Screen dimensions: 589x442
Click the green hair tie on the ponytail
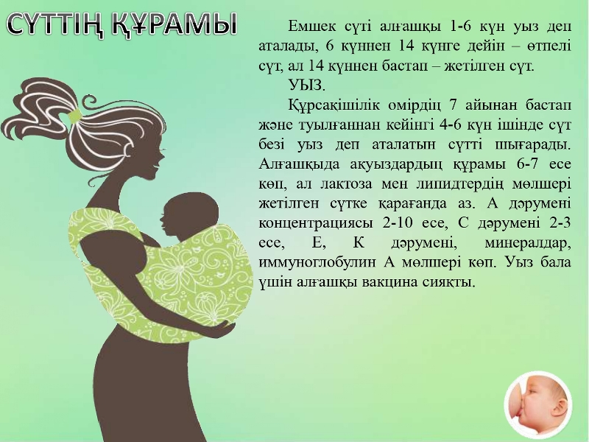pyautogui.click(x=75, y=116)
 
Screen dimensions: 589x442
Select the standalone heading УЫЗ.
pyautogui.click(x=307, y=85)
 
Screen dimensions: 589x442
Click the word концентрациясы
pyautogui.click(x=316, y=224)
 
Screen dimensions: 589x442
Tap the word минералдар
pyautogui.click(x=528, y=243)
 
